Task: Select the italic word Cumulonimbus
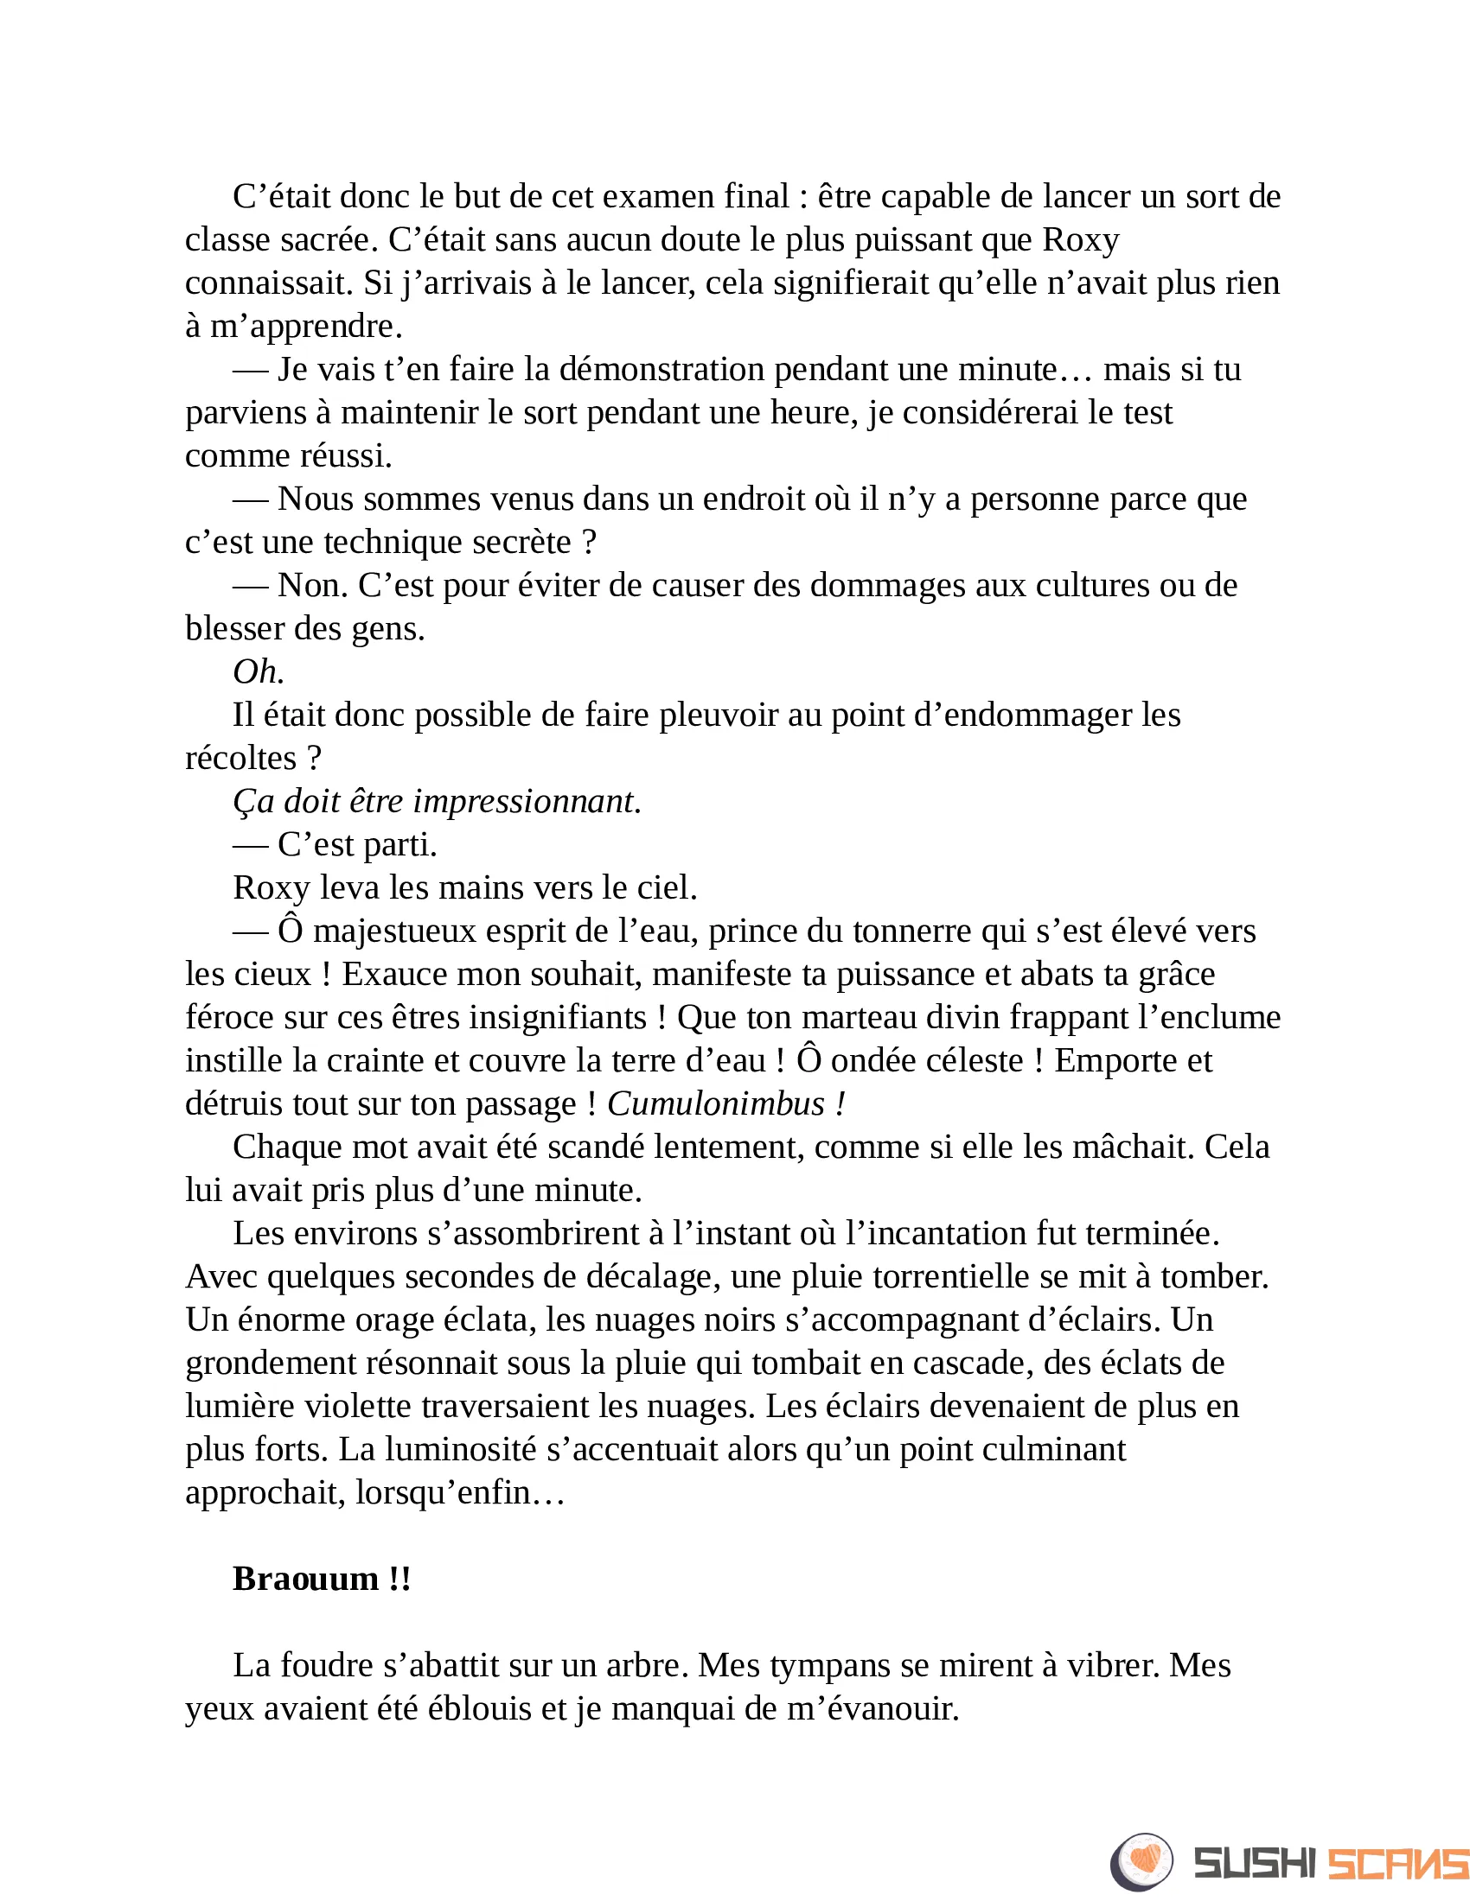pyautogui.click(x=715, y=1103)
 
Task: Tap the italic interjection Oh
pyautogui.click(x=258, y=672)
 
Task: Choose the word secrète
pyautogui.click(x=521, y=543)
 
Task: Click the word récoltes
pyautogui.click(x=241, y=758)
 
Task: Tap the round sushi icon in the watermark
pyautogui.click(x=1141, y=1862)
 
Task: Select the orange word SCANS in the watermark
pyautogui.click(x=1396, y=1864)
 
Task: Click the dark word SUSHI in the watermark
pyautogui.click(x=1254, y=1864)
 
